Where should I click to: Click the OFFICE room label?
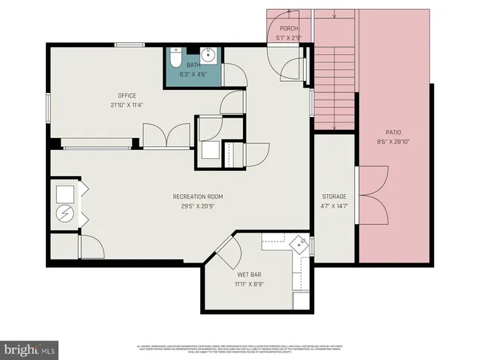[x=126, y=95]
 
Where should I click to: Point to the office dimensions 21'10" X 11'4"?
[x=126, y=104]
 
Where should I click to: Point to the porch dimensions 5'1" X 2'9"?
[x=289, y=37]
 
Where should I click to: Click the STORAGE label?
[x=334, y=196]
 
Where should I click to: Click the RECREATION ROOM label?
[x=197, y=196]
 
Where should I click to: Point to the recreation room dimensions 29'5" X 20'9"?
[x=197, y=205]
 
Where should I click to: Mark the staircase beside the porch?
[x=334, y=75]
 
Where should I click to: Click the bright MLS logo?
[x=30, y=349]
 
